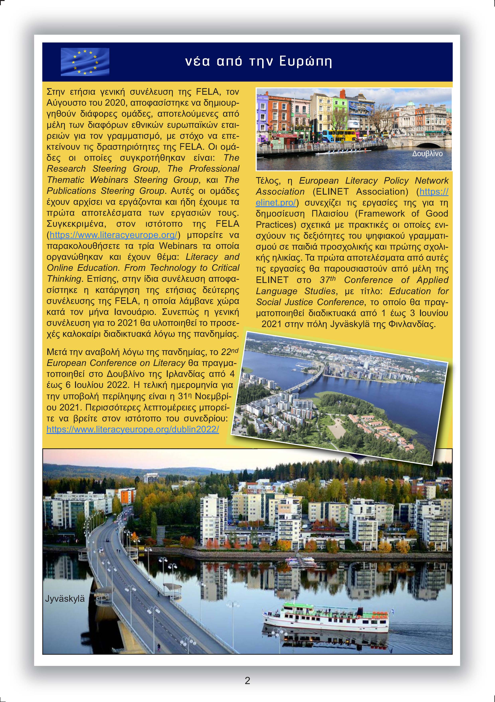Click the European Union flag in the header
[85, 62]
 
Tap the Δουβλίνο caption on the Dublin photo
[427, 154]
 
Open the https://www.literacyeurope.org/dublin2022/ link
[133, 429]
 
